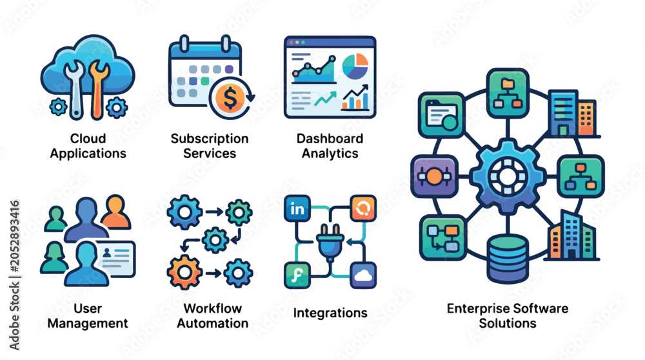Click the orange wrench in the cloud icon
click(x=98, y=89)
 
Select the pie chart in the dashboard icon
click(x=355, y=66)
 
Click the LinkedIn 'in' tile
click(x=297, y=208)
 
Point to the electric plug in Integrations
click(x=330, y=243)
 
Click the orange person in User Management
click(x=115, y=212)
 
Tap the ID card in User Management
click(x=115, y=259)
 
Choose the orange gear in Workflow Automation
click(x=184, y=272)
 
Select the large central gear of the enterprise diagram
click(x=507, y=176)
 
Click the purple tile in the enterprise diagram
click(x=434, y=177)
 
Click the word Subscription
click(x=210, y=139)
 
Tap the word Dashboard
click(x=330, y=139)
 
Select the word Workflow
click(x=213, y=308)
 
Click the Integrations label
click(x=330, y=313)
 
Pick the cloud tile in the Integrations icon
click(x=362, y=275)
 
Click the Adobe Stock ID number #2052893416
click(x=14, y=236)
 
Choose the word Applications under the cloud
click(x=88, y=154)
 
